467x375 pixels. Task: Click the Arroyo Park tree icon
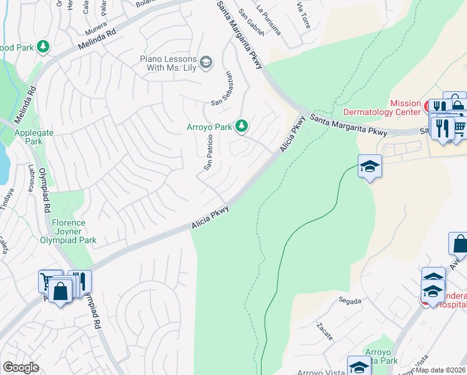pos(242,127)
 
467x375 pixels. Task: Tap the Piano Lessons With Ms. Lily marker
pos(206,62)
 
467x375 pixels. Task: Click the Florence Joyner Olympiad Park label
pos(68,231)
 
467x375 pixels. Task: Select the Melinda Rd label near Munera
pos(97,39)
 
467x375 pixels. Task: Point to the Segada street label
pos(350,301)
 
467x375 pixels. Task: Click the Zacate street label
pos(324,328)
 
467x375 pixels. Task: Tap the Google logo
pos(21,367)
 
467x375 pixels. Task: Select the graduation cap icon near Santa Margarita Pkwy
pos(370,166)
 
